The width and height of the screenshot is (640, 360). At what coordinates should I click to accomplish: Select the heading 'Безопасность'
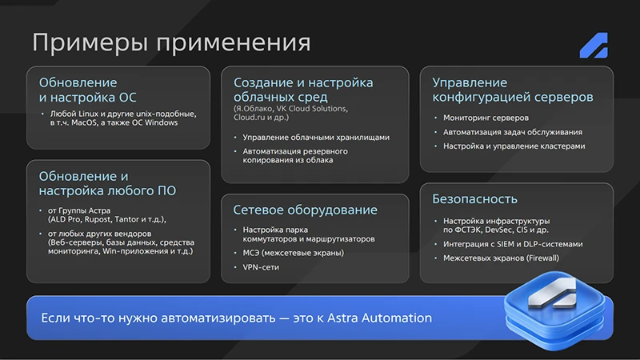click(474, 198)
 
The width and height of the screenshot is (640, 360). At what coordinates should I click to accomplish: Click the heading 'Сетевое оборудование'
click(305, 210)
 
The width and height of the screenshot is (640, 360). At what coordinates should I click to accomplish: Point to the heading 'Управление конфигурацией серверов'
click(512, 90)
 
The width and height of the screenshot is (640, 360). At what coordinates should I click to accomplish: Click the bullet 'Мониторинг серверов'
click(482, 118)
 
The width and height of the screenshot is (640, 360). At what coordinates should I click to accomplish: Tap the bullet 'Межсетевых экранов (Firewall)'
click(501, 258)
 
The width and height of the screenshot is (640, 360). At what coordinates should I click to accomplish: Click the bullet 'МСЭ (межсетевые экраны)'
click(294, 253)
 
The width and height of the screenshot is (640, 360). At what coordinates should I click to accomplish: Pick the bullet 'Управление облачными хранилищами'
click(316, 137)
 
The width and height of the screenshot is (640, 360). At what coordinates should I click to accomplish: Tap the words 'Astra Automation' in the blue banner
click(382, 318)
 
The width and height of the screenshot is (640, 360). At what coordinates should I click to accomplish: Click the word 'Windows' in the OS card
click(158, 122)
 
